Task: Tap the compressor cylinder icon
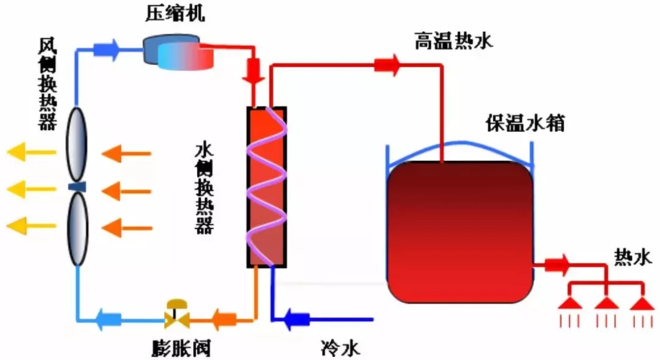pos(180,51)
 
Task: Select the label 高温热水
pos(453,42)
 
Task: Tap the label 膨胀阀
pos(182,348)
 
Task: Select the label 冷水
pos(340,348)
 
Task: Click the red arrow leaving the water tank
pos(556,265)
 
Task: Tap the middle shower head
pos(606,303)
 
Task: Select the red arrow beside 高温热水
pos(387,64)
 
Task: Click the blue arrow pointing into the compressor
pos(108,49)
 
